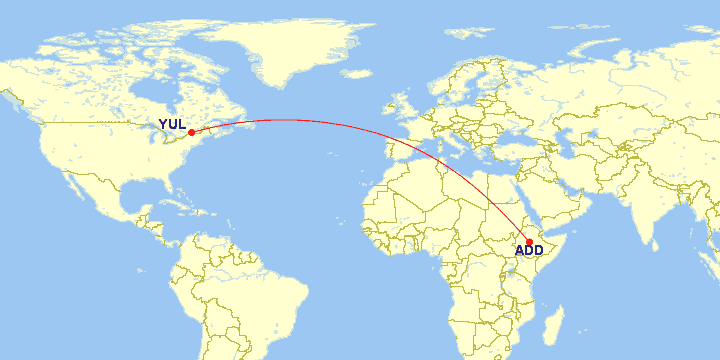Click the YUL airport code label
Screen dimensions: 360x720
173,125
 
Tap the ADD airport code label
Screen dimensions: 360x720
529,250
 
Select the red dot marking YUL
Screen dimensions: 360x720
191,132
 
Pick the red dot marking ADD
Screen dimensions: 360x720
529,241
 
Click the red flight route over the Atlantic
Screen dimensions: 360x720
300,120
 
